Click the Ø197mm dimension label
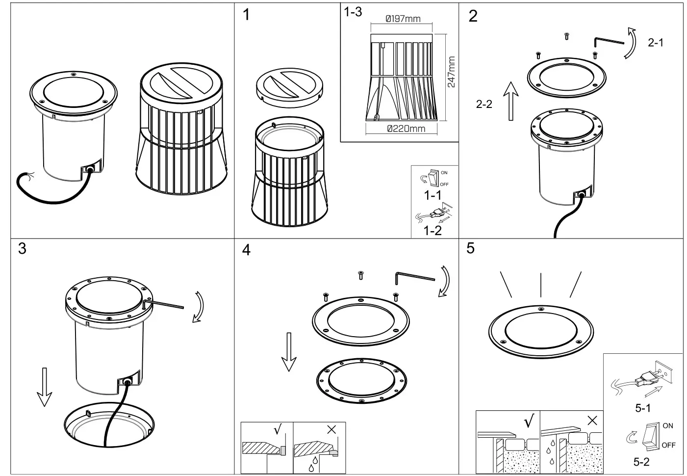click(x=403, y=19)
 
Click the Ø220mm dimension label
click(x=406, y=129)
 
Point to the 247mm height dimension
click(x=451, y=72)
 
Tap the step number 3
click(x=22, y=249)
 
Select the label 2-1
click(x=655, y=43)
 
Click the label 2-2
click(x=484, y=104)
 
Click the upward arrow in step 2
click(x=511, y=101)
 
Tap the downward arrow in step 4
click(x=289, y=353)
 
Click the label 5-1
click(x=642, y=408)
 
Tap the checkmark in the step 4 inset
click(x=278, y=430)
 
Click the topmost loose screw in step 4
click(x=361, y=275)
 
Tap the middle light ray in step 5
click(x=540, y=285)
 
